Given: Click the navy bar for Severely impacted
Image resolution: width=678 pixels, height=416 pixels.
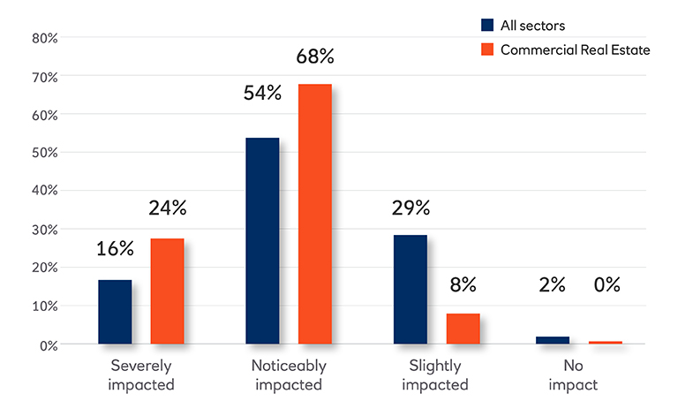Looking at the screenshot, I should tap(115, 312).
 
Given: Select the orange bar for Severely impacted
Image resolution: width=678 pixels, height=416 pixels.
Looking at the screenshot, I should tap(167, 291).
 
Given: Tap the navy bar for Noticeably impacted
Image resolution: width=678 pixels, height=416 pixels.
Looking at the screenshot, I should tap(262, 240).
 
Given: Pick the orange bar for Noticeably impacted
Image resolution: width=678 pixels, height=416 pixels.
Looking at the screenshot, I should tap(314, 214).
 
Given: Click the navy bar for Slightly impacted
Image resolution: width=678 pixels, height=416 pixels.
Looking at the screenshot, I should tap(411, 289).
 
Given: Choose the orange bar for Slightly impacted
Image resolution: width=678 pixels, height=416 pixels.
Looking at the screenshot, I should tap(463, 328).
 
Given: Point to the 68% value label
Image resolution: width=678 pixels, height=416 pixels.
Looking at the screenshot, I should tap(315, 57).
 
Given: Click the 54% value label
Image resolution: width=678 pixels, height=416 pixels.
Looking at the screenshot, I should tap(262, 93).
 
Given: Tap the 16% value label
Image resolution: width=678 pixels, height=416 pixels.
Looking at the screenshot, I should tap(115, 248).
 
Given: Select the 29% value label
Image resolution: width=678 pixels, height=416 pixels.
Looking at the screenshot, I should tap(411, 208).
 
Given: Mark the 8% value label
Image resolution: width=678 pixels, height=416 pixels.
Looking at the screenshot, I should tap(463, 284).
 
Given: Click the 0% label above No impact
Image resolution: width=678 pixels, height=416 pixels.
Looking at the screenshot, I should tap(606, 284).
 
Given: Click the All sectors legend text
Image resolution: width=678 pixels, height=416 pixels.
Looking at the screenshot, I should tap(533, 26).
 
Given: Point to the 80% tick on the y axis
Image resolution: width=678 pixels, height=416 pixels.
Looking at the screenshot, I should tap(45, 38).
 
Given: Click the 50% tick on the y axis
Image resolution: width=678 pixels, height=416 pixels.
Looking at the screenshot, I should tap(45, 153).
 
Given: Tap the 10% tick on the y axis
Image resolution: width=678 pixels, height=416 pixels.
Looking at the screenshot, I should tap(45, 306).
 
